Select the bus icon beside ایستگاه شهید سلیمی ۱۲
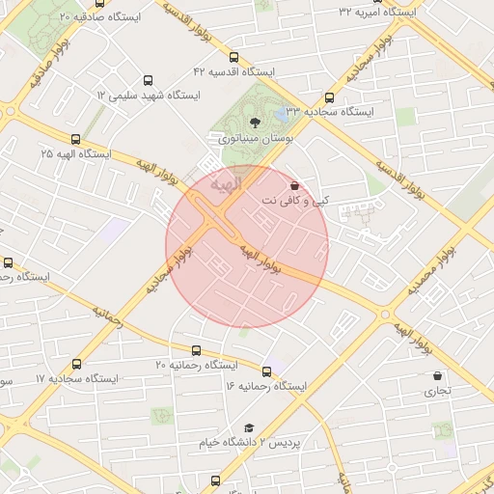tap(148, 81)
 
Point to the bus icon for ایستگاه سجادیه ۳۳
tap(330, 97)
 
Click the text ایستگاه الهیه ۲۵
tap(75, 154)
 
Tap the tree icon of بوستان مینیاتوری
tap(255, 123)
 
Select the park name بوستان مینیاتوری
tap(254, 139)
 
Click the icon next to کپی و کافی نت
tap(294, 185)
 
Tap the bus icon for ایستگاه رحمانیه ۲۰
tap(197, 350)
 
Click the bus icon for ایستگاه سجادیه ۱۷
tap(76, 364)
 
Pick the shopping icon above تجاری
tap(438, 376)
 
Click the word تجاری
tap(439, 392)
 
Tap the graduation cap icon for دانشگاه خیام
tap(249, 426)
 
